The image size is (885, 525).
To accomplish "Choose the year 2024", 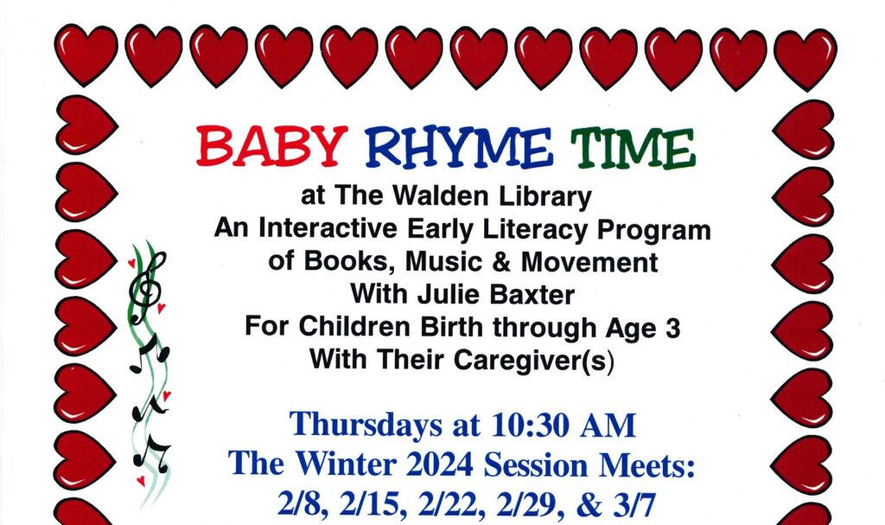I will [434, 464].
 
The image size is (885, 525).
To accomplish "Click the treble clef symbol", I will [145, 285].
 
